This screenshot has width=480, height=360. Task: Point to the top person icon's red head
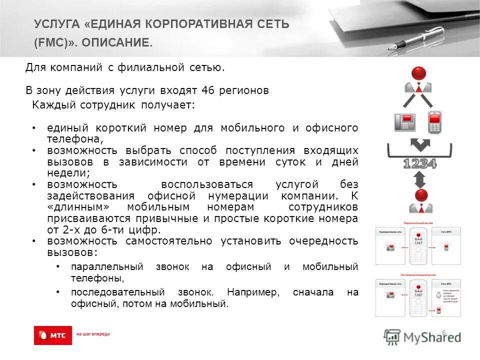pyautogui.click(x=418, y=73)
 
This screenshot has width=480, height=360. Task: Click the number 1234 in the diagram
pyautogui.click(x=419, y=163)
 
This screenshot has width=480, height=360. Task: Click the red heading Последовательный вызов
pyautogui.click(x=418, y=274)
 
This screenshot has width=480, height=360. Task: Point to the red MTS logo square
pyautogui.click(x=53, y=335)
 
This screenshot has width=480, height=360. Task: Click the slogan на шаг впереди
pyautogui.click(x=92, y=334)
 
